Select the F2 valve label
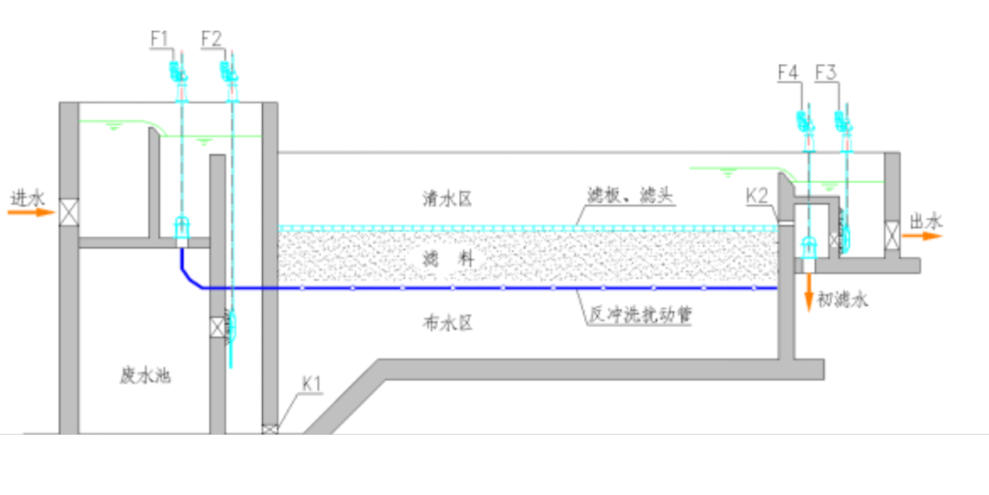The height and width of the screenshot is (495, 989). pyautogui.click(x=212, y=38)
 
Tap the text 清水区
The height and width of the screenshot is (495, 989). pyautogui.click(x=447, y=199)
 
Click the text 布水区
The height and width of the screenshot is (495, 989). pyautogui.click(x=447, y=322)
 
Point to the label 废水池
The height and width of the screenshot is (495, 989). pyautogui.click(x=146, y=374)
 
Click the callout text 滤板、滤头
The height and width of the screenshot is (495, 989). pyautogui.click(x=631, y=197)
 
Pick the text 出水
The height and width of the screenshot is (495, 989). pyautogui.click(x=926, y=221)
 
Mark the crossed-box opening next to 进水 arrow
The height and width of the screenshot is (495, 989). pyautogui.click(x=69, y=212)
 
